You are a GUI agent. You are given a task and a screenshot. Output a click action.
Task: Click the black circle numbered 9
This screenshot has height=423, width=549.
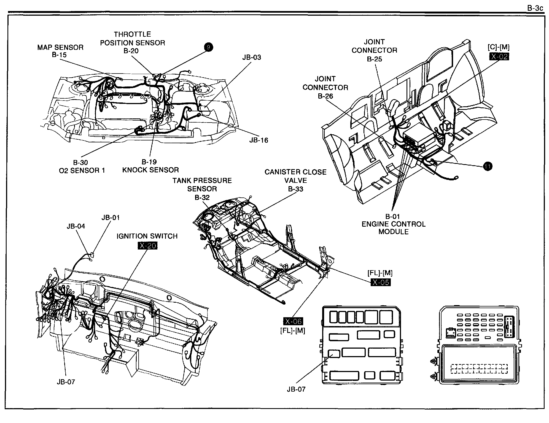coord(208,47)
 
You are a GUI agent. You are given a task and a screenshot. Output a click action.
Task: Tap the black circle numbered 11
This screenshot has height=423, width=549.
coord(488,166)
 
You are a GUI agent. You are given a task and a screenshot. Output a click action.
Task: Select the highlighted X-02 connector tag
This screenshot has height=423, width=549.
coord(499,57)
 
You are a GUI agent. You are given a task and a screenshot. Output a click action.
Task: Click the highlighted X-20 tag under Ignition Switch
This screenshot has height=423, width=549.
coord(147,246)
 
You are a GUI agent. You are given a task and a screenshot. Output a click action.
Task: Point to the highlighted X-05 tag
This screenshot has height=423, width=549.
coord(381,282)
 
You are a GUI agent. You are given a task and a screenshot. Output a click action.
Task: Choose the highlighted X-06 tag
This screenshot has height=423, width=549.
coord(293,321)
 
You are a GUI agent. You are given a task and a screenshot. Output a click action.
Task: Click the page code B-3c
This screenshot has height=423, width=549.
coord(535,8)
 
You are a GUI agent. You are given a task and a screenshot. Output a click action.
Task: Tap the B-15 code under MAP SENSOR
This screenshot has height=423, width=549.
coord(59,55)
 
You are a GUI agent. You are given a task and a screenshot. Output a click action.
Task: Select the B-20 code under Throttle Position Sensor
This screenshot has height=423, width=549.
coord(131,51)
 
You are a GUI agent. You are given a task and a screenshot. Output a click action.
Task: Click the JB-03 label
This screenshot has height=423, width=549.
coord(252,58)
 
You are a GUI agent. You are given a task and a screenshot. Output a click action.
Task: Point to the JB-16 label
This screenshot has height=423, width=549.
coord(259,140)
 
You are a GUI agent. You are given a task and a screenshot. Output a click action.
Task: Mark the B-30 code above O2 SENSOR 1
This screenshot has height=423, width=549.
coord(80,162)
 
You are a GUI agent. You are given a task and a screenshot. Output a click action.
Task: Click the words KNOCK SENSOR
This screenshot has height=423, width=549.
coord(150,170)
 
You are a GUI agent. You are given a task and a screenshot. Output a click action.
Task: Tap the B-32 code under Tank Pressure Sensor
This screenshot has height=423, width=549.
coord(202,197)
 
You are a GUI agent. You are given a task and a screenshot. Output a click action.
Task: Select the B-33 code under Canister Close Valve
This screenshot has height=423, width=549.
coord(295,189)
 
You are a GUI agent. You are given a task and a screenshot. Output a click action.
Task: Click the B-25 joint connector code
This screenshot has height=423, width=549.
coord(374,59)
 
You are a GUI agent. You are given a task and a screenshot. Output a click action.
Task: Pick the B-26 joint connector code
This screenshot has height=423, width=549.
coord(325,96)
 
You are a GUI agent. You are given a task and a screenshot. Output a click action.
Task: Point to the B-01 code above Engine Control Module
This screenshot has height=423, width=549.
coord(392,216)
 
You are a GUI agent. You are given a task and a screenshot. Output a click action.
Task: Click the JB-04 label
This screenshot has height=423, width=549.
coord(76,226)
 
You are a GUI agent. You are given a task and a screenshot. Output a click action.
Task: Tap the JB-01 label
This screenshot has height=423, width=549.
coord(111,218)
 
